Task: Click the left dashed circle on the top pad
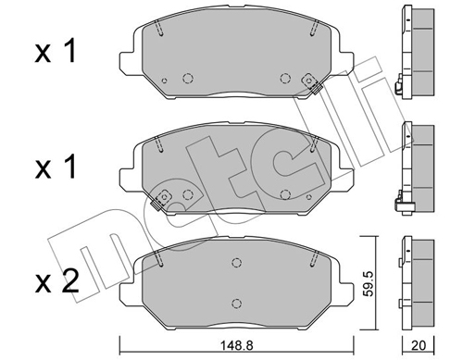188,78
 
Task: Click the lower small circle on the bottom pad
235,303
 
